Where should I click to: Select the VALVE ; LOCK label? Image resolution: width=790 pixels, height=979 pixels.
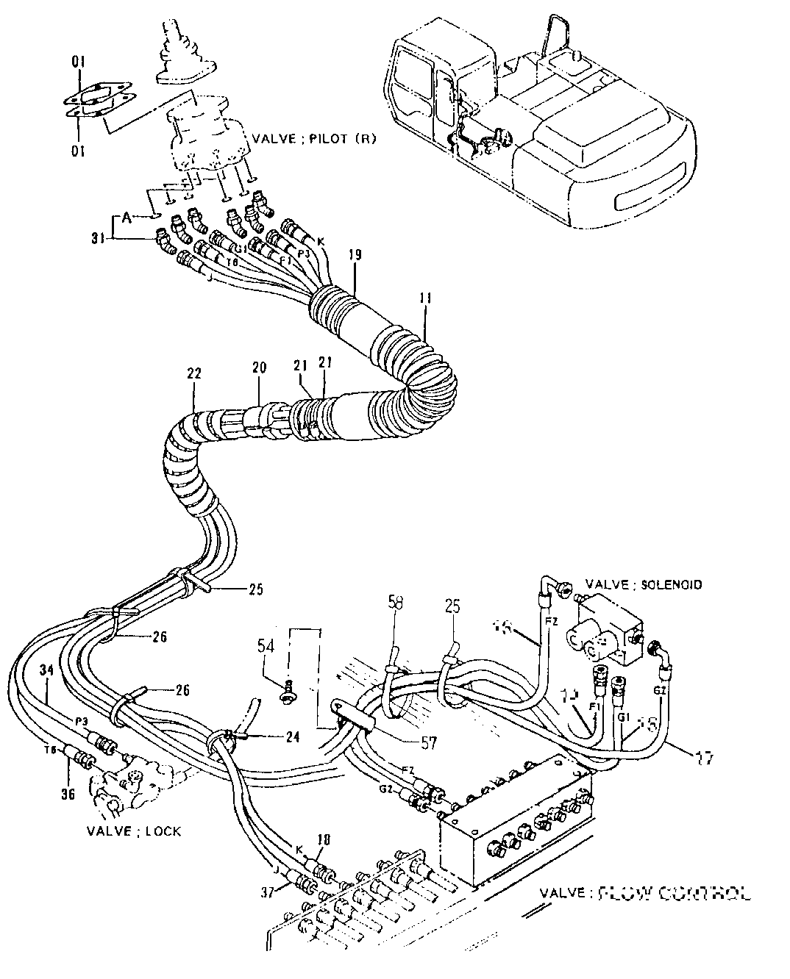(x=134, y=831)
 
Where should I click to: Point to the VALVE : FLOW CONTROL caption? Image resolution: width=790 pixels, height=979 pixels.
(x=645, y=894)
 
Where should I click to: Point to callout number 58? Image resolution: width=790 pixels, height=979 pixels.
(x=396, y=603)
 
